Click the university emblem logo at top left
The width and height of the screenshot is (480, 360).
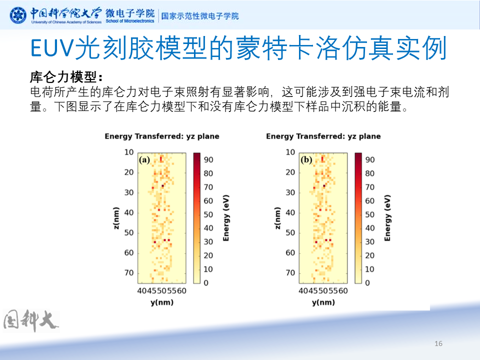pyautogui.click(x=18, y=15)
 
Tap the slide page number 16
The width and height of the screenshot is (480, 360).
pyautogui.click(x=438, y=343)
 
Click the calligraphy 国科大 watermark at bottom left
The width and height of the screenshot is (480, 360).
pyautogui.click(x=31, y=321)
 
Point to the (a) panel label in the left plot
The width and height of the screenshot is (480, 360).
pyautogui.click(x=144, y=160)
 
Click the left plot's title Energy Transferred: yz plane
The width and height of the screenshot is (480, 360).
pyautogui.click(x=161, y=136)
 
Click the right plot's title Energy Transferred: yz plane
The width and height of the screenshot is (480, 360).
pyautogui.click(x=323, y=136)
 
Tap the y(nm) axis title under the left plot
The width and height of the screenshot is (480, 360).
pyautogui.click(x=161, y=302)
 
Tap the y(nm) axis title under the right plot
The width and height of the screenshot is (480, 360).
pyautogui.click(x=323, y=302)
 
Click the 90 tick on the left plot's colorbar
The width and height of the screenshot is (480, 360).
pyautogui.click(x=209, y=160)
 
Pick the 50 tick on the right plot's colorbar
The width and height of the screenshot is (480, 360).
pyautogui.click(x=370, y=214)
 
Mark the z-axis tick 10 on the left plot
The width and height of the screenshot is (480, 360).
pyautogui.click(x=129, y=152)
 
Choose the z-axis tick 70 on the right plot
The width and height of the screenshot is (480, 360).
pyautogui.click(x=290, y=273)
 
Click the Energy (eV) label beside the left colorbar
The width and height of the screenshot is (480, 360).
pyautogui.click(x=226, y=218)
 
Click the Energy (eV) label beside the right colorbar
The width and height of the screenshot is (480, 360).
pyautogui.click(x=387, y=218)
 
